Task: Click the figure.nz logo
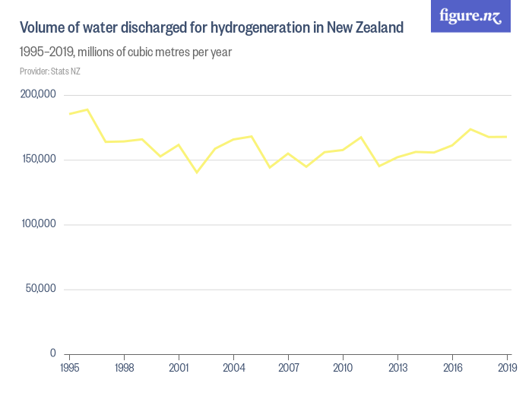click(x=470, y=16)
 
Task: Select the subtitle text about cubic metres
click(x=125, y=52)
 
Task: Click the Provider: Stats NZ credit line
click(x=49, y=71)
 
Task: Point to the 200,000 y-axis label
click(x=38, y=94)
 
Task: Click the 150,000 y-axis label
click(x=38, y=160)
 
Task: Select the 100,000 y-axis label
click(x=38, y=224)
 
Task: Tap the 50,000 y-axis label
click(x=41, y=289)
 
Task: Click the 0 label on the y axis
click(x=53, y=353)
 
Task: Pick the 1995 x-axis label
click(x=69, y=369)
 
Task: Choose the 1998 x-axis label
click(x=124, y=369)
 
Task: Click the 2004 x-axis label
click(x=233, y=369)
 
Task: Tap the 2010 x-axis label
click(x=343, y=369)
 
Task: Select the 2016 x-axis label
click(x=452, y=369)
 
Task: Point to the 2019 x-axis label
click(x=507, y=369)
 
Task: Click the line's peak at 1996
click(x=87, y=109)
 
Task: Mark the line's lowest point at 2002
click(x=197, y=173)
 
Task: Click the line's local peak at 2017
click(x=470, y=129)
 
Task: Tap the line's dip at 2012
click(x=379, y=166)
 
